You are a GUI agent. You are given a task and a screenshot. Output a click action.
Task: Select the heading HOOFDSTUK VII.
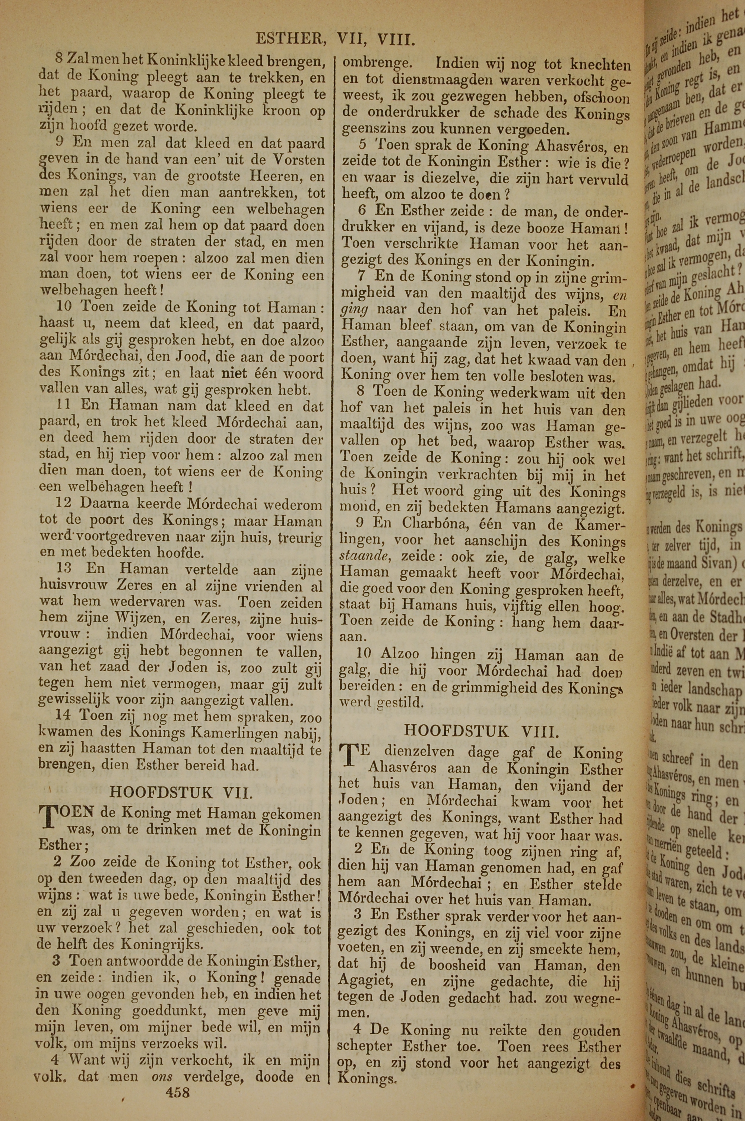[181, 792]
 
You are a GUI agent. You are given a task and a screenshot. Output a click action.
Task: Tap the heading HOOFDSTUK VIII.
[481, 731]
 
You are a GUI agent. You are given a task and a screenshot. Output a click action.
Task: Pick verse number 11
[64, 405]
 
